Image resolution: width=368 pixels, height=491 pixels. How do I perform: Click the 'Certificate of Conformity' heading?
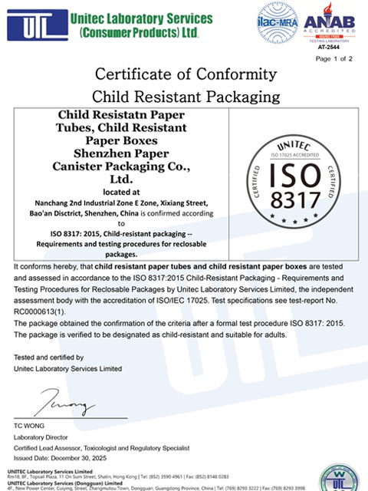point(183,75)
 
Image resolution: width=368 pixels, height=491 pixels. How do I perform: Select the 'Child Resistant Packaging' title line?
point(183,97)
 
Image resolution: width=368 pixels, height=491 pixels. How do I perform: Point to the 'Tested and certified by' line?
point(49,358)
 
